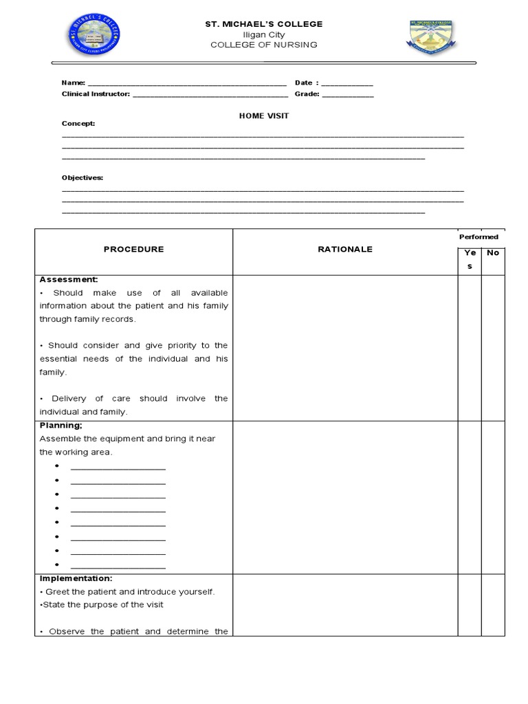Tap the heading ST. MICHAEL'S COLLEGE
264,24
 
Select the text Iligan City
264,34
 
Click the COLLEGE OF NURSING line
264,45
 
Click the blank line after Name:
186,84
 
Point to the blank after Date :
347,84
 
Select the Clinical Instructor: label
96,94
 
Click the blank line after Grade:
348,95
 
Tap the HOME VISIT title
264,115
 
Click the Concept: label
78,124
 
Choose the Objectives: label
82,177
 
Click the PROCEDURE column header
134,250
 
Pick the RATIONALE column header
345,250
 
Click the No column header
493,253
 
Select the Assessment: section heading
69,280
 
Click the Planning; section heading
61,426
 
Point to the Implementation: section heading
76,579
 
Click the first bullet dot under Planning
56,466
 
